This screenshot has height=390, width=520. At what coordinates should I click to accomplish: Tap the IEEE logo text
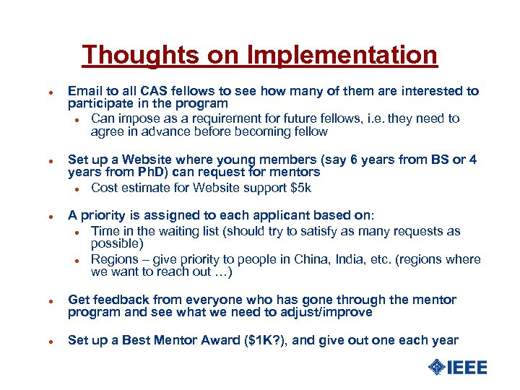[x=467, y=368]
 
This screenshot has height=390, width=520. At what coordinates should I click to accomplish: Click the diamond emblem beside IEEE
[x=437, y=368]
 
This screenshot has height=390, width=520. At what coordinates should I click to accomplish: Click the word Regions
[x=114, y=259]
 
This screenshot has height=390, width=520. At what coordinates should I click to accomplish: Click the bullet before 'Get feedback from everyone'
[x=43, y=300]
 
